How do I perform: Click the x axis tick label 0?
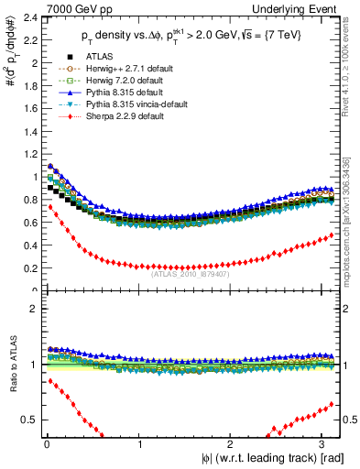(x=47, y=445)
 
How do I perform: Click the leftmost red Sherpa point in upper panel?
(x=50, y=207)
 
